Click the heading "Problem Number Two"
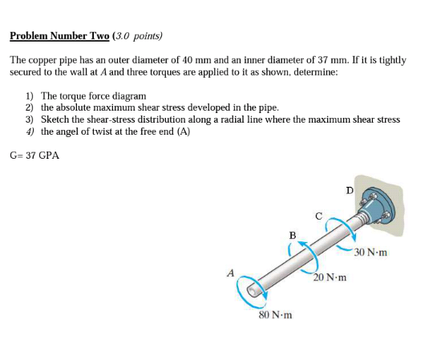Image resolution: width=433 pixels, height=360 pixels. [60, 36]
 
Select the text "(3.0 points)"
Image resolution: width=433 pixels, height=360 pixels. [138, 36]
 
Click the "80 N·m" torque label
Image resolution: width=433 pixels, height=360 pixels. [274, 314]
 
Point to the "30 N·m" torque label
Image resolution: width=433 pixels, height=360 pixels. [370, 253]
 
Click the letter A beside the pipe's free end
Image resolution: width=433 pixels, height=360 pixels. [230, 273]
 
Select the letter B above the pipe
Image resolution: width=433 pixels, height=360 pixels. [292, 234]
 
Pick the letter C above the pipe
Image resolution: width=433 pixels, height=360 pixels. [318, 214]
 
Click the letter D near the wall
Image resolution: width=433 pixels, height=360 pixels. [350, 190]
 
